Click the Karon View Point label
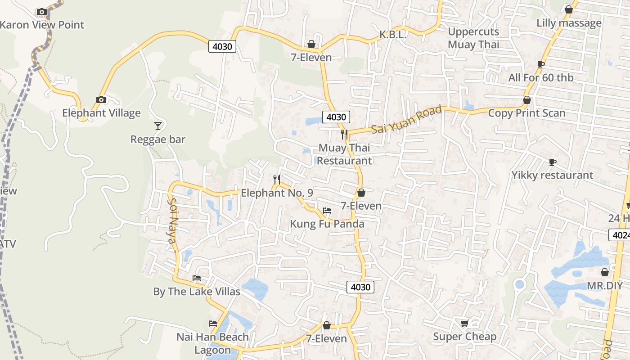[42, 25]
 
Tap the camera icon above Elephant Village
[101, 99]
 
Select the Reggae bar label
[158, 139]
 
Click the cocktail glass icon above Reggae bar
[158, 126]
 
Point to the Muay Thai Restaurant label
[344, 154]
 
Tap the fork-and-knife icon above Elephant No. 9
[277, 180]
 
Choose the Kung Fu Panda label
[327, 224]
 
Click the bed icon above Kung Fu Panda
[327, 210]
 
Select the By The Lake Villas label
[197, 292]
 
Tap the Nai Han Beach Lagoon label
[212, 343]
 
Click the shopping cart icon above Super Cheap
[465, 323]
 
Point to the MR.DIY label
[605, 286]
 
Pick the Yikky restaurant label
[552, 175]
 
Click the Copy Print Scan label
[526, 113]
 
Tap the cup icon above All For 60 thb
[541, 64]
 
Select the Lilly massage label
[569, 23]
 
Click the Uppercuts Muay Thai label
[473, 38]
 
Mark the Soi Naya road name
[171, 221]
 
